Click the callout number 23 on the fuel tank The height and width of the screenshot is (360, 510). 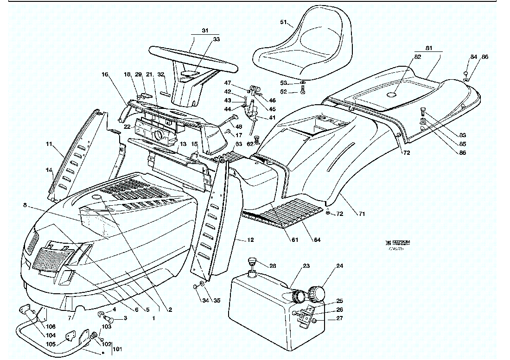pos(306,266)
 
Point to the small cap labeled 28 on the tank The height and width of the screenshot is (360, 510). pos(253,262)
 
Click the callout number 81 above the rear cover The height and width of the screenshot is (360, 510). pos(429,48)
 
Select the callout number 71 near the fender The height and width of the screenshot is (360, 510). pos(362,214)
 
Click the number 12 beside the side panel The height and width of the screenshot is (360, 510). pos(250,240)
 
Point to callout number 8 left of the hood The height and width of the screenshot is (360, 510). pos(24,204)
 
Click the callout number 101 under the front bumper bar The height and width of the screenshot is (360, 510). pos(118,349)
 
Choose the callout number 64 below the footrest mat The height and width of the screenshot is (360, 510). pos(317,240)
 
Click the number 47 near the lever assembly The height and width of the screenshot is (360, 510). pos(228,83)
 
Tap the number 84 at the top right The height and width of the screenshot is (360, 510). pos(473,57)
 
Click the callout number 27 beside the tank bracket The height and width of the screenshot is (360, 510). pos(340,318)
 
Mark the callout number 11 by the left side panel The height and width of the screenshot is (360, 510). pos(49,145)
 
